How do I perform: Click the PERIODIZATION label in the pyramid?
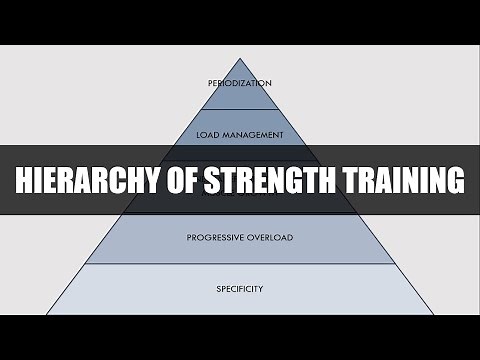pyautogui.click(x=240, y=82)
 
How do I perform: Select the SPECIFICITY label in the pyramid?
pyautogui.click(x=240, y=289)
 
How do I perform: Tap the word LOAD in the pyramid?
pyautogui.click(x=208, y=133)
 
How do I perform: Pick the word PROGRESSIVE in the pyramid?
pyautogui.click(x=218, y=238)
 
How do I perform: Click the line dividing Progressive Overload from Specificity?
pyautogui.click(x=240, y=264)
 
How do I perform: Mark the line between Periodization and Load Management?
pyautogui.click(x=240, y=109)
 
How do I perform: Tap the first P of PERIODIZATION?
pyautogui.click(x=210, y=82)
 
